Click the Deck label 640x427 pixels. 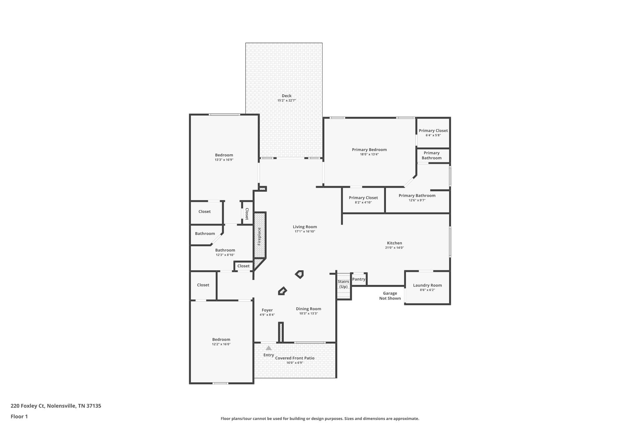tap(287, 96)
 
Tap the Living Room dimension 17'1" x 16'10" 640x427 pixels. tap(305, 231)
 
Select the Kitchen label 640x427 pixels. tap(394, 243)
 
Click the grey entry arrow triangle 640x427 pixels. tap(268, 348)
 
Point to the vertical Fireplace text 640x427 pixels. tap(259, 236)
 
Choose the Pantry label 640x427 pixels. tap(359, 279)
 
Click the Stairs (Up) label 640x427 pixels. tap(343, 284)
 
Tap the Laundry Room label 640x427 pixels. tap(427, 285)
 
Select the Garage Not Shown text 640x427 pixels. tap(390, 296)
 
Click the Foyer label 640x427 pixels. tap(267, 310)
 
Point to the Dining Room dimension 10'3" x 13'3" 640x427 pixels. tap(308, 313)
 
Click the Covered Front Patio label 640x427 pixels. tap(295, 358)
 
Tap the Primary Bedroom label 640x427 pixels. tap(369, 150)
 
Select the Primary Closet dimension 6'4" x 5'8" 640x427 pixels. tap(433, 135)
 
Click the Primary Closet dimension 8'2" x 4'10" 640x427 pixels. tap(363, 202)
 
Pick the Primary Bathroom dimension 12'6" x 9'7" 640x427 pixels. tap(417, 200)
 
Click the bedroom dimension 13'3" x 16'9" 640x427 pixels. tap(224, 160)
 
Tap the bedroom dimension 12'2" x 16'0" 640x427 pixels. tap(221, 344)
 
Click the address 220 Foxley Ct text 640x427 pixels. tap(28, 406)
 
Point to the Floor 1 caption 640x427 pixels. tap(19, 416)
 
